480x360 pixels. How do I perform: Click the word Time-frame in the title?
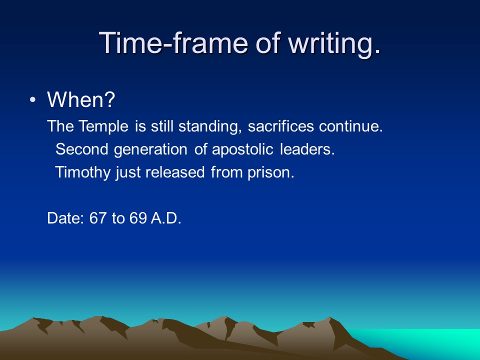(173, 43)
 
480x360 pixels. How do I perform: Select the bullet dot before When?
(33, 100)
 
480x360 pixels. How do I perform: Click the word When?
(81, 99)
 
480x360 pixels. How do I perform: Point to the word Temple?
(103, 126)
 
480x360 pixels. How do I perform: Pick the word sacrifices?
(280, 126)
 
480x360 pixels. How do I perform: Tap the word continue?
(351, 126)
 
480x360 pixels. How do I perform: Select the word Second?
(81, 149)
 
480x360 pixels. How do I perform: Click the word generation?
(150, 150)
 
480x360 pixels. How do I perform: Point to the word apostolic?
(242, 150)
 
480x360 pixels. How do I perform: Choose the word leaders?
(307, 149)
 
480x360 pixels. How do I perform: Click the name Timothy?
(82, 172)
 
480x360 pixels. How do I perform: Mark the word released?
(175, 172)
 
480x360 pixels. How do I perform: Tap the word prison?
(271, 172)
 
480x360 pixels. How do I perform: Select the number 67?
(98, 218)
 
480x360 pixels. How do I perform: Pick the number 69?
(138, 218)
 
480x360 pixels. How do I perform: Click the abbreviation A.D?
(166, 218)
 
